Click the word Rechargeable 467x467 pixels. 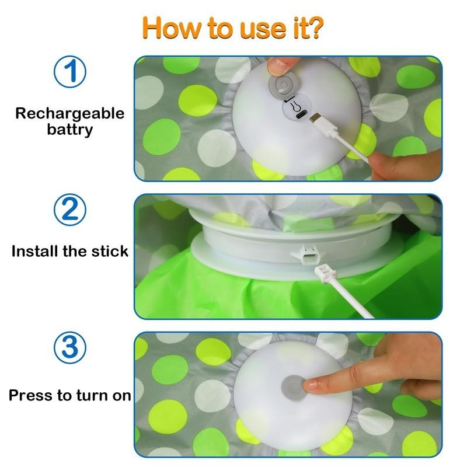click(69, 113)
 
